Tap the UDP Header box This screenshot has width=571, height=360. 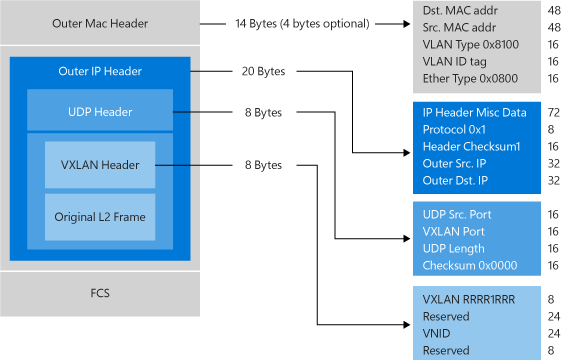pos(91,112)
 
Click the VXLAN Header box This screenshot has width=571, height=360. pos(99,164)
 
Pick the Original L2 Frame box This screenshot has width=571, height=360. pos(99,216)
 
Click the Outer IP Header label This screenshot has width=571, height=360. pos(99,71)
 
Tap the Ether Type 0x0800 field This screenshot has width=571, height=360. pos(471,78)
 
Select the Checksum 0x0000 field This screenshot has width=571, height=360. pos(469,264)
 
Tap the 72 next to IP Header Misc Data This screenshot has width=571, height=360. pos(553,112)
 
